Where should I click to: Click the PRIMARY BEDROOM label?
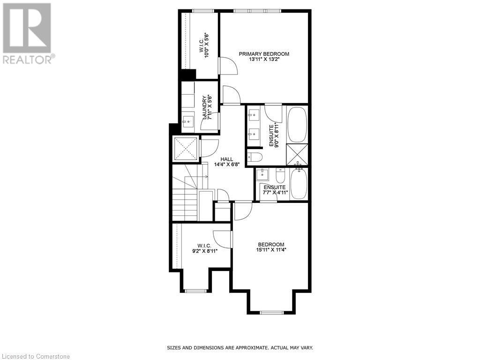click(264, 54)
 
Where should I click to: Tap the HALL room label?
click(220, 159)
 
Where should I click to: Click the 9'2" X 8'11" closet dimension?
click(204, 251)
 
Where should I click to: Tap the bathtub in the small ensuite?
click(299, 184)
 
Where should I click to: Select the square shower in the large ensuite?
click(297, 154)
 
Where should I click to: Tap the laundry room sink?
click(188, 120)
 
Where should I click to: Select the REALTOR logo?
click(28, 33)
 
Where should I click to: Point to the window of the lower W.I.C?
click(196, 291)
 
